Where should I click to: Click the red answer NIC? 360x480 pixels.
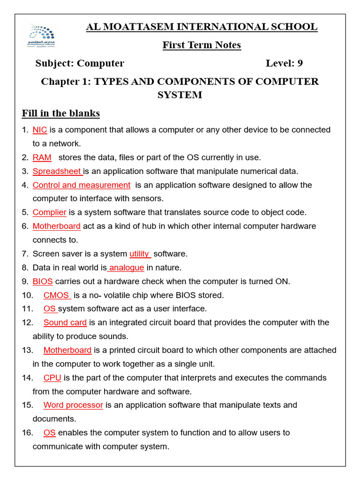pos(40,130)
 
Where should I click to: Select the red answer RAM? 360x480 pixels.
pos(42,157)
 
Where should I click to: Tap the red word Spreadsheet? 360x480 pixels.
pos(57,171)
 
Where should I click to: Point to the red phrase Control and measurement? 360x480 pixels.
pos(81,185)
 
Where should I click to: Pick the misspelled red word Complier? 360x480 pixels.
pos(49,212)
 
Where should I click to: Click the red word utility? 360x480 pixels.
pos(139,254)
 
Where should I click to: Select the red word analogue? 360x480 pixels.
pos(126,268)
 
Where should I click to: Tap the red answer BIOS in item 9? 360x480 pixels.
pos(43,282)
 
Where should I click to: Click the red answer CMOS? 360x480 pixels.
pos(56,295)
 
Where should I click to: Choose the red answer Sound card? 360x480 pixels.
pos(65,322)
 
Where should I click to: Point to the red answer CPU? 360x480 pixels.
pos(52,378)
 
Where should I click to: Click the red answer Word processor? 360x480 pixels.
pos(73,405)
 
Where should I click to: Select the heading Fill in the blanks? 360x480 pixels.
pos(61,113)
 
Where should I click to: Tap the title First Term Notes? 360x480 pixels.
pos(202,45)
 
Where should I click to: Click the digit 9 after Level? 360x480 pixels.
pos(300,63)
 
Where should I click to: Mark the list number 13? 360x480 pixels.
pos(27,350)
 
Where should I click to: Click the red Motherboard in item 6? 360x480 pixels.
pos(56,226)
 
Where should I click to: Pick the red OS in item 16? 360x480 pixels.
pos(49,433)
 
